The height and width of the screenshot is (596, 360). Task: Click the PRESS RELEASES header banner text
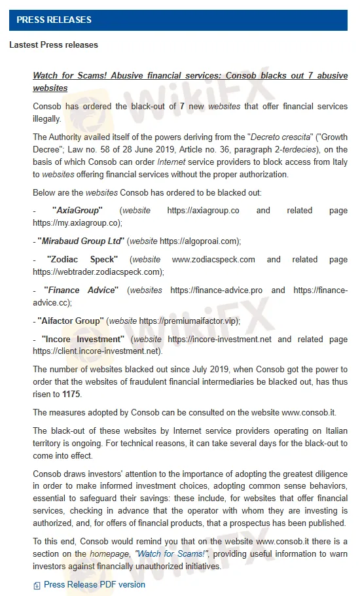click(x=54, y=20)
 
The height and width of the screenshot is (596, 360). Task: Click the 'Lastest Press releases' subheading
click(x=54, y=45)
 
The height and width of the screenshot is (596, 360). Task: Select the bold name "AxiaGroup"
click(x=77, y=211)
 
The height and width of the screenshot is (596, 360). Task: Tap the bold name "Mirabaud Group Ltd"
click(x=81, y=241)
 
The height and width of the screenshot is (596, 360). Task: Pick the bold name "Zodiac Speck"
click(x=82, y=260)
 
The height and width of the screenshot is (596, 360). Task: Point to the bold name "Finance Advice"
click(x=81, y=290)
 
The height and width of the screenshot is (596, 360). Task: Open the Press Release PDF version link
click(x=94, y=585)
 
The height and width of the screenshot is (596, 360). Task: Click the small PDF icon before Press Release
click(x=37, y=586)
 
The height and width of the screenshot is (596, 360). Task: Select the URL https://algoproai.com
click(x=201, y=241)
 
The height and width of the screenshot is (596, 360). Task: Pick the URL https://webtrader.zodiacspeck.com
click(x=98, y=272)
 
